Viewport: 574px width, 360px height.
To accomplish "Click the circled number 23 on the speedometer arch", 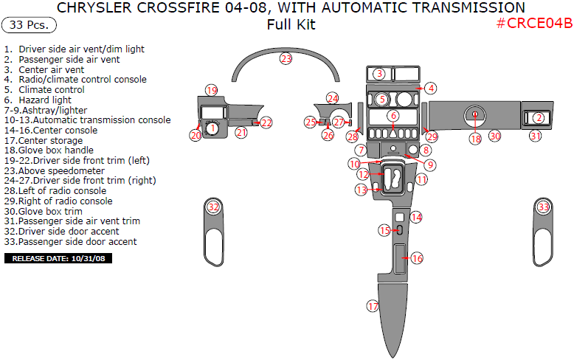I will point(286,58).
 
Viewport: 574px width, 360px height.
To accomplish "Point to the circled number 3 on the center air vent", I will point(378,74).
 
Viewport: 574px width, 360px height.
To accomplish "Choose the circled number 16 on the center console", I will point(417,258).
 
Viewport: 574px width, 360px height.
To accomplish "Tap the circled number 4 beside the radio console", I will point(431,89).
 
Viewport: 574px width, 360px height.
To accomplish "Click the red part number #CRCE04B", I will point(534,23).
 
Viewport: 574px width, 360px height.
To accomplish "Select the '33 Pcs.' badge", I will point(30,25).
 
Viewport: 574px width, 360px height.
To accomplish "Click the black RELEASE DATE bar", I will point(58,259).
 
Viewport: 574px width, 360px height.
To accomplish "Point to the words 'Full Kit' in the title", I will point(291,24).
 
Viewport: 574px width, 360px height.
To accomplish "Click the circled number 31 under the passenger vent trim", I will point(536,136).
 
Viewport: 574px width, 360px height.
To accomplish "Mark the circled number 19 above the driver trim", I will point(212,90).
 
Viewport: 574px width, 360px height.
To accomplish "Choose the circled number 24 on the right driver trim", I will point(333,98).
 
